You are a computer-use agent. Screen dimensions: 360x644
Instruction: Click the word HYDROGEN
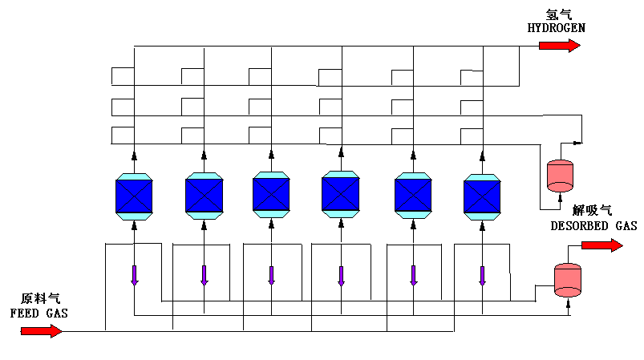(x=556, y=28)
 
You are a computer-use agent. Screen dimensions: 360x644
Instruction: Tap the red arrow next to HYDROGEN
(x=559, y=45)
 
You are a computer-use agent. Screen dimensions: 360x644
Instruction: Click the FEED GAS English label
(x=38, y=313)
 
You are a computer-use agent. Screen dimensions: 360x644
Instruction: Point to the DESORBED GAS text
(x=593, y=227)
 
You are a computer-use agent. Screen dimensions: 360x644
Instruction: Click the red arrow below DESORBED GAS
(x=601, y=245)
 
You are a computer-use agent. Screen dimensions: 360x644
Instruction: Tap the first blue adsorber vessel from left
(x=135, y=195)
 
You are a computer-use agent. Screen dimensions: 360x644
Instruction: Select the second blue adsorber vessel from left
(x=204, y=195)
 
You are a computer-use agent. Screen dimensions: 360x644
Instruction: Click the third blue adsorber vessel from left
(x=271, y=195)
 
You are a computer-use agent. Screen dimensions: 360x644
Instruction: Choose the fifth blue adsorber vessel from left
(x=413, y=195)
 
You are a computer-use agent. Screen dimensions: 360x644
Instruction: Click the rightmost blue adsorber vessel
(x=482, y=196)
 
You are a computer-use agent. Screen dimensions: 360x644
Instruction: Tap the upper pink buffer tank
(x=559, y=175)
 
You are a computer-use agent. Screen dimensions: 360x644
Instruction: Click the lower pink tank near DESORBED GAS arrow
(x=568, y=277)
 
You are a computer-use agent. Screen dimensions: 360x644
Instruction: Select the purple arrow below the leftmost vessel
(x=135, y=274)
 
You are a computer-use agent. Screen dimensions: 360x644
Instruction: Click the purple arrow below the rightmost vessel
(x=482, y=274)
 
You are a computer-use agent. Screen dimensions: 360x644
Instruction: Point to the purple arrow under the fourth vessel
(x=341, y=274)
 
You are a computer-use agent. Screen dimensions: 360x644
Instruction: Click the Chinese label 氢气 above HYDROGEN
(x=557, y=14)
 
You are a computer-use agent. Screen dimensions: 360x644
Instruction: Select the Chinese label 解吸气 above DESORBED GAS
(x=594, y=211)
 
